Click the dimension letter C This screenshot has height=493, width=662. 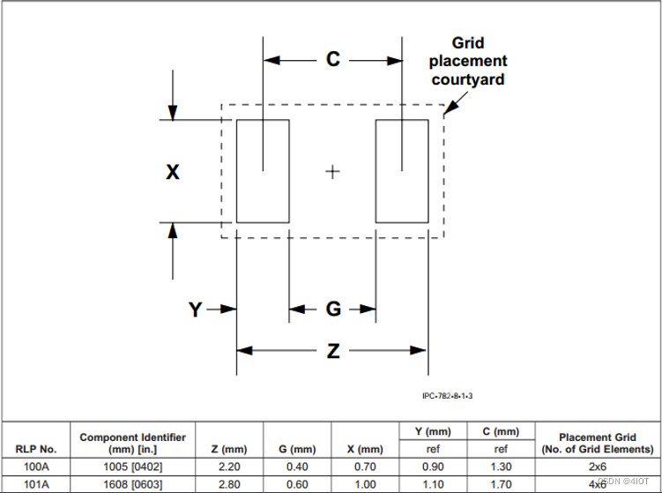click(x=333, y=59)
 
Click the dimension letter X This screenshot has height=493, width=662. click(x=173, y=172)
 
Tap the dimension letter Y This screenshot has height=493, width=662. click(x=196, y=309)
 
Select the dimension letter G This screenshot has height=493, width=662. click(x=333, y=309)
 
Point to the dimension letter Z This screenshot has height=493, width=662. click(x=333, y=351)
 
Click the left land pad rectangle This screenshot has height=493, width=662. click(x=263, y=171)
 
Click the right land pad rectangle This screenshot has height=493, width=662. click(x=402, y=171)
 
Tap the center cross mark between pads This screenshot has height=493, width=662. click(x=333, y=172)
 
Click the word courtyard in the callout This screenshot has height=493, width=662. click(x=467, y=79)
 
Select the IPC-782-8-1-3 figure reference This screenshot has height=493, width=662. click(x=455, y=397)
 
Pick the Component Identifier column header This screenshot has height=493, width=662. click(x=132, y=443)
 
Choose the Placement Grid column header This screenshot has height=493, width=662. click(x=598, y=443)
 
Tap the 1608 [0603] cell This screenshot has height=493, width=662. click(x=132, y=482)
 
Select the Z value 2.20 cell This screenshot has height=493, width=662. click(x=229, y=466)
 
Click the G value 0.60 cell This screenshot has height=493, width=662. click(x=297, y=482)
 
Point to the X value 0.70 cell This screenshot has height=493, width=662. click(x=363, y=466)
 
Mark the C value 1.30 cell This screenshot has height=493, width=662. click(x=501, y=466)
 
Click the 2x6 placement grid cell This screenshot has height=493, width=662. click(x=598, y=466)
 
